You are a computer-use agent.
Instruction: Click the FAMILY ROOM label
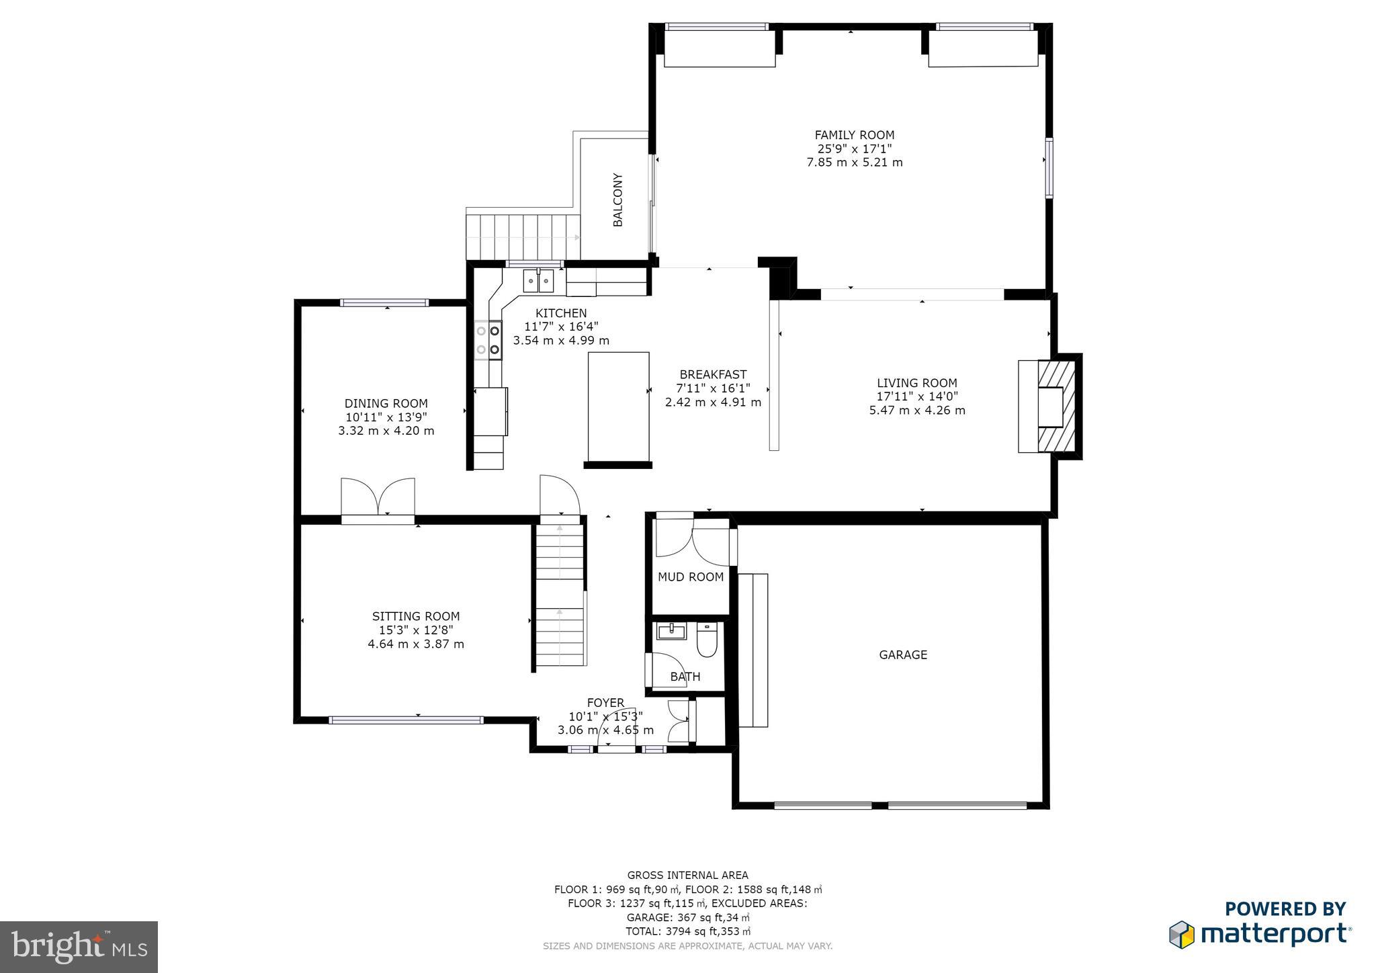pyautogui.click(x=854, y=135)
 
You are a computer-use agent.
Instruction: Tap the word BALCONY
pyautogui.click(x=618, y=200)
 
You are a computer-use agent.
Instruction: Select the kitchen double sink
pyautogui.click(x=539, y=281)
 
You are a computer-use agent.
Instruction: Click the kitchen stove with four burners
pyautogui.click(x=488, y=340)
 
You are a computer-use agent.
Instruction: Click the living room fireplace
pyautogui.click(x=1051, y=407)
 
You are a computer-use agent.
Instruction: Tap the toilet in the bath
pyautogui.click(x=707, y=640)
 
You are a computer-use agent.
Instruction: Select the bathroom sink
pyautogui.click(x=671, y=632)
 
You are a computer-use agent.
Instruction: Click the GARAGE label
pyautogui.click(x=903, y=654)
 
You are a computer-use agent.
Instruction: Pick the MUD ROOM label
pyautogui.click(x=691, y=577)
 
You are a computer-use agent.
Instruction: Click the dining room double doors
pyautogui.click(x=378, y=499)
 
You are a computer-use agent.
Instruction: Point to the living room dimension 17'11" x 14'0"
pyautogui.click(x=917, y=396)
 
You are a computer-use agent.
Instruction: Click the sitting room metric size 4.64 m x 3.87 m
pyautogui.click(x=416, y=644)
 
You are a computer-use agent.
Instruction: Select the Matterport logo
pyautogui.click(x=1260, y=933)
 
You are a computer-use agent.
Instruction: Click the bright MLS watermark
pyautogui.click(x=79, y=947)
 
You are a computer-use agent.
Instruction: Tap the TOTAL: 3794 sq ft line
pyautogui.click(x=687, y=931)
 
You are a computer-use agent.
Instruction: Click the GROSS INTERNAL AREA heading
pyautogui.click(x=687, y=875)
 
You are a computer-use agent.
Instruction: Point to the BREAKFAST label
pyautogui.click(x=713, y=374)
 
